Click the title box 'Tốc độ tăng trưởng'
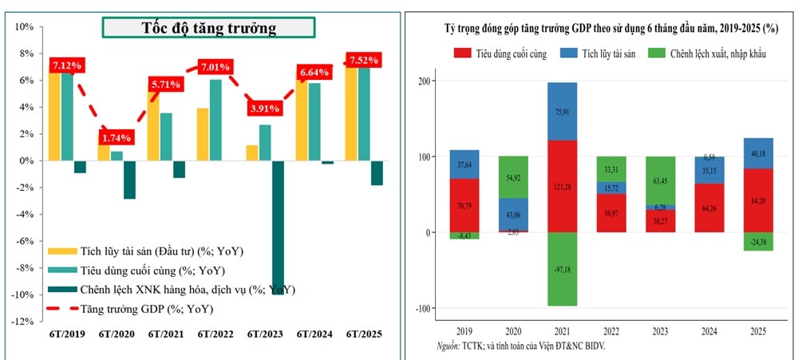[x=208, y=28]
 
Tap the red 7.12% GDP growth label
[x=69, y=65]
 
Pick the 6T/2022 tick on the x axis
[x=215, y=334]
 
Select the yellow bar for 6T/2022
[x=203, y=134]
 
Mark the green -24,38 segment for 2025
[x=758, y=242]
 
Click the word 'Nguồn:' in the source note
[x=448, y=346]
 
